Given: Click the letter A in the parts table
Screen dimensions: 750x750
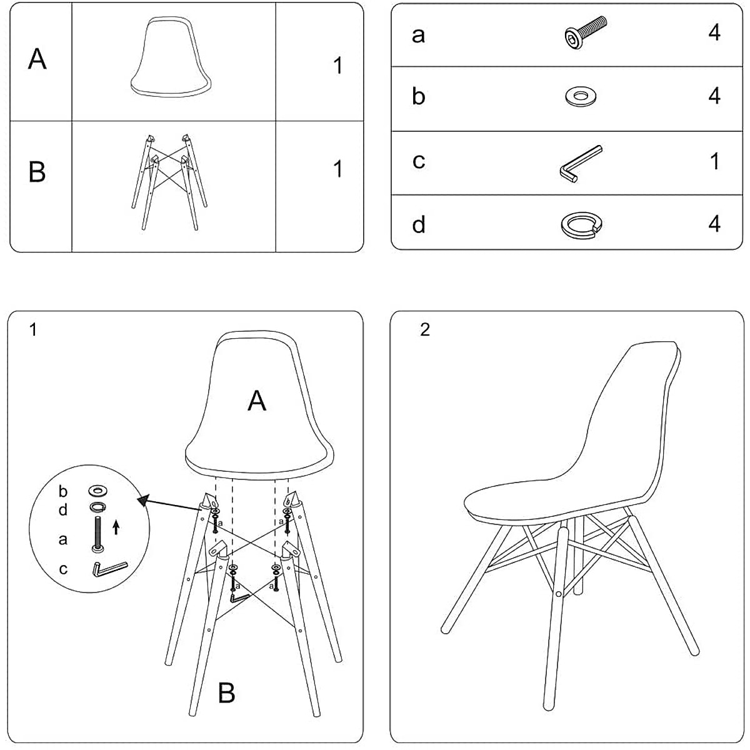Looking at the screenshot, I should [37, 60].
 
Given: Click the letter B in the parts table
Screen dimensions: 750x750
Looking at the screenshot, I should [37, 172].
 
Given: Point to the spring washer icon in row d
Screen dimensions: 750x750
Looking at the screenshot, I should [582, 225].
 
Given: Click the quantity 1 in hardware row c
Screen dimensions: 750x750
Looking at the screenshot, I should [715, 161].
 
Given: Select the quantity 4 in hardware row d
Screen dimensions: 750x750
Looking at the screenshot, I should [714, 224].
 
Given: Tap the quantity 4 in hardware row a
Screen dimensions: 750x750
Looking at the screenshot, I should [714, 32].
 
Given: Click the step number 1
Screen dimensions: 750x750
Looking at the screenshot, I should [33, 330].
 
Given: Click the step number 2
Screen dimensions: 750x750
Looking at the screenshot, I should [425, 330].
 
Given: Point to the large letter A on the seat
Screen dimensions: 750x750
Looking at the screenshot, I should [257, 401].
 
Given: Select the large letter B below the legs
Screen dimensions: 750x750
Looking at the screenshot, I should [226, 693].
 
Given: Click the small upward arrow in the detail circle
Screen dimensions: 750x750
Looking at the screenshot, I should [116, 529].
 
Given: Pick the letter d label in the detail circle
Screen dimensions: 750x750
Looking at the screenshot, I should [63, 510].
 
